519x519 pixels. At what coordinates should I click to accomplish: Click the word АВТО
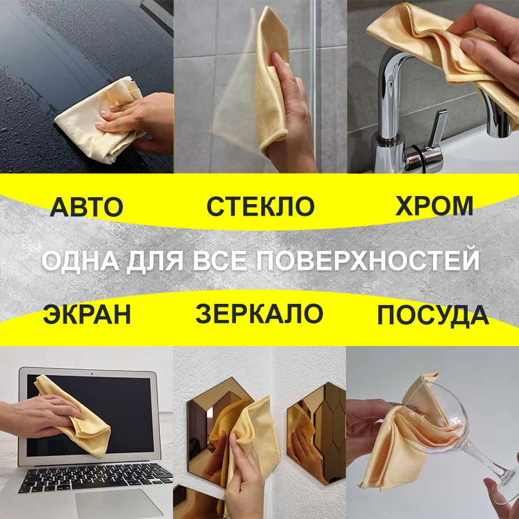click(x=86, y=206)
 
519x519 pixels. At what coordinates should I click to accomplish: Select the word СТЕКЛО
click(x=260, y=206)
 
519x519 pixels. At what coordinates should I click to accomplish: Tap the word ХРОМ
click(x=434, y=206)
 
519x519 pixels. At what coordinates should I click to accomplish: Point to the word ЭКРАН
click(x=86, y=315)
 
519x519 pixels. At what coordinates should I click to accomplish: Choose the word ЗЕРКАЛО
click(x=259, y=314)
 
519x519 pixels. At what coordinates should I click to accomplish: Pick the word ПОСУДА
click(x=433, y=316)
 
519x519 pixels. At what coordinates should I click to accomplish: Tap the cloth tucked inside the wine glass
click(x=404, y=438)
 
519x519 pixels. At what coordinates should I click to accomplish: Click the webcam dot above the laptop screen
click(x=92, y=373)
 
